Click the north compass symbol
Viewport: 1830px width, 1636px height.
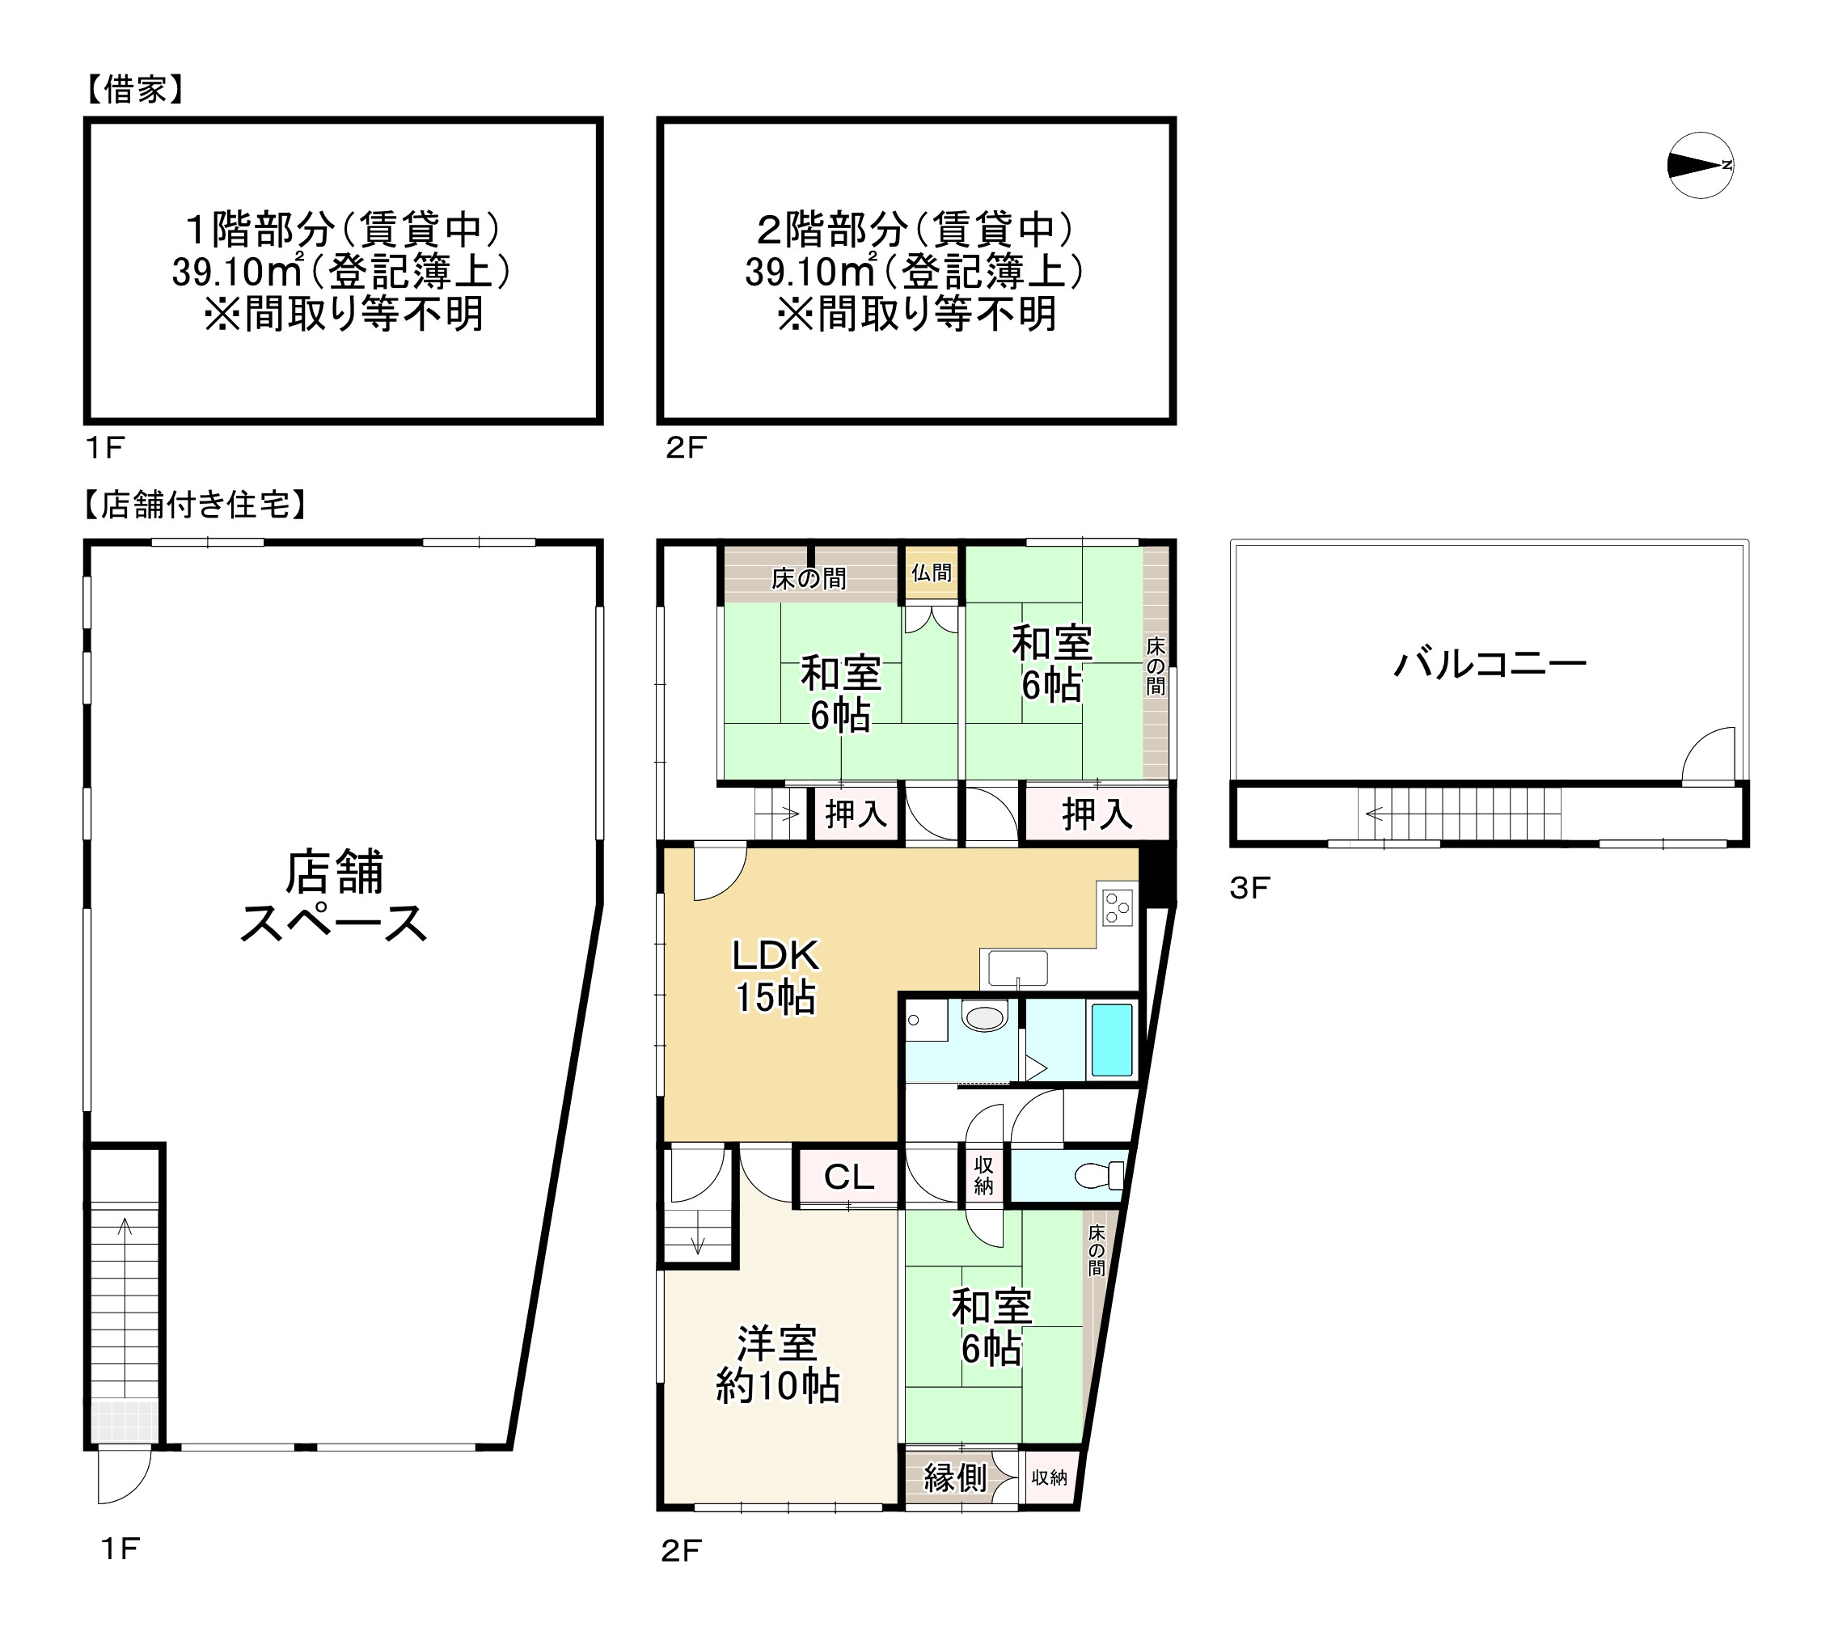tap(1700, 166)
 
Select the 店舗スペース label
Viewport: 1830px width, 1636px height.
tap(334, 897)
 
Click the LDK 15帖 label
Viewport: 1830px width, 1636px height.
tap(776, 976)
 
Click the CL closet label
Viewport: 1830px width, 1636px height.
tap(848, 1177)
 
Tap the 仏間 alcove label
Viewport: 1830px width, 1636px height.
tap(932, 573)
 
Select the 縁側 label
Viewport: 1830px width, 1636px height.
tap(954, 1478)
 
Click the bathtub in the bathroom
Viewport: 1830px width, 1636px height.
tap(1111, 1040)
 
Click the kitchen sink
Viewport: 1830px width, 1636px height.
tap(1017, 968)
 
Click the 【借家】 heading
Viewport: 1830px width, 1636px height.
tap(135, 90)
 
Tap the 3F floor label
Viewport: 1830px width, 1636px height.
tap(1249, 888)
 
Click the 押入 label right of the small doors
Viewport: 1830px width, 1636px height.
tap(1097, 814)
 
